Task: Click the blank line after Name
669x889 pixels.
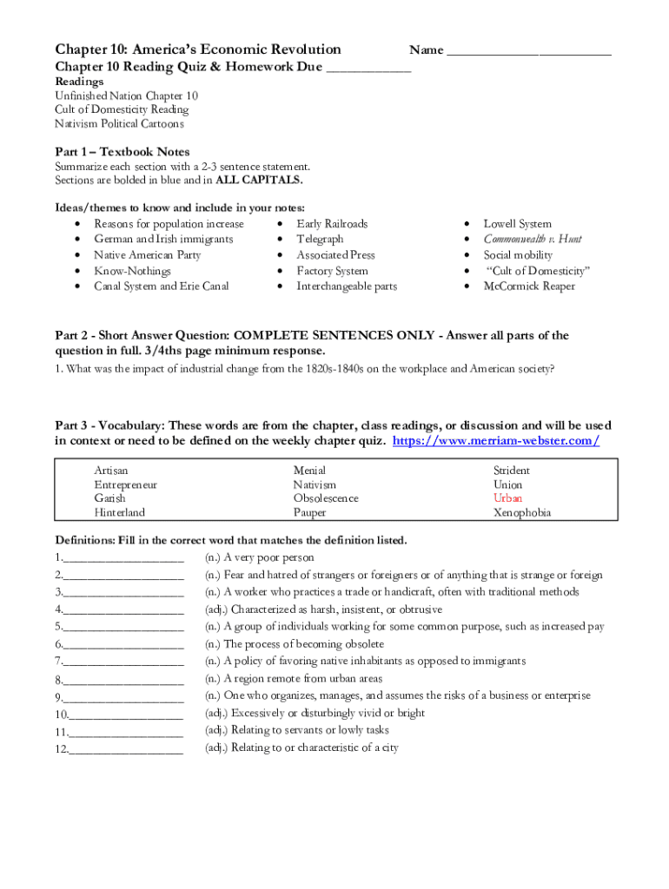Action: pyautogui.click(x=528, y=50)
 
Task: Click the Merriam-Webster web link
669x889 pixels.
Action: pyautogui.click(x=496, y=441)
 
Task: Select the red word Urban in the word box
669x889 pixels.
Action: pyautogui.click(x=508, y=498)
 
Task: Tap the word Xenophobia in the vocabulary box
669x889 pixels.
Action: pyautogui.click(x=522, y=512)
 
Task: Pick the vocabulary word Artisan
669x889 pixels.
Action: pyautogui.click(x=112, y=471)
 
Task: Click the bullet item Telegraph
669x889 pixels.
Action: pyautogui.click(x=320, y=240)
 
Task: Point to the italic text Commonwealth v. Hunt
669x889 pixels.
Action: pyautogui.click(x=532, y=240)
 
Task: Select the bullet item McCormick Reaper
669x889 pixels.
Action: pyautogui.click(x=529, y=286)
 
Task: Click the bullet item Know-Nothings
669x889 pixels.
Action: pyautogui.click(x=132, y=271)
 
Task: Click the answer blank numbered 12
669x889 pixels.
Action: pyautogui.click(x=125, y=748)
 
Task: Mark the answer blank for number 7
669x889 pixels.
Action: pyautogui.click(x=123, y=662)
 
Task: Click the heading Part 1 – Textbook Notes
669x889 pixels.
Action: pyautogui.click(x=123, y=152)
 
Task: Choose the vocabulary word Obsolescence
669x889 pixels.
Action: pyautogui.click(x=326, y=498)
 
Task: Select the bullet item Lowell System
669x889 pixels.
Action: pyautogui.click(x=517, y=224)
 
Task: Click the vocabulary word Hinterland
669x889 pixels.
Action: pyautogui.click(x=120, y=512)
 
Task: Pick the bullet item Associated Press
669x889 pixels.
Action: pyautogui.click(x=335, y=255)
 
